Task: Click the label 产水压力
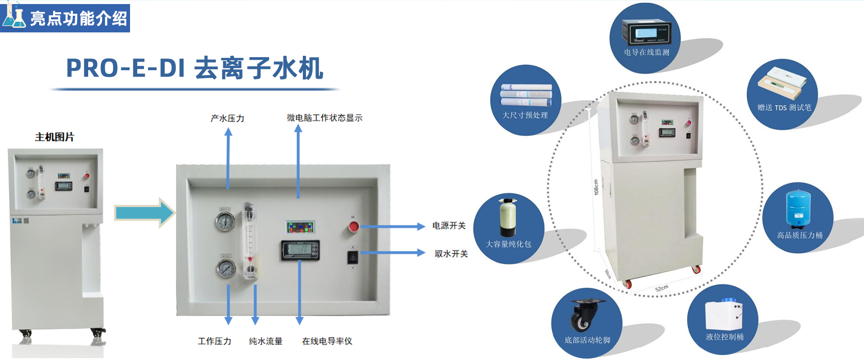tap(227, 118)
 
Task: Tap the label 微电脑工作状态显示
tap(324, 118)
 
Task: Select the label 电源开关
tap(449, 226)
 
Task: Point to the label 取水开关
tap(451, 254)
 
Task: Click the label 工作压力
tap(215, 341)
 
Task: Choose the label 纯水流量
tap(265, 341)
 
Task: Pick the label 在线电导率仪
tap(327, 341)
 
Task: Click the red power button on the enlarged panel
tap(354, 226)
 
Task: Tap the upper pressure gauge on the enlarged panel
tap(225, 222)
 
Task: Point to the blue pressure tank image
tap(798, 208)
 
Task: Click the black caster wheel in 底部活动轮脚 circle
tap(585, 315)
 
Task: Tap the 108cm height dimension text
tap(596, 187)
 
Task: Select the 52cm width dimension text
tap(661, 288)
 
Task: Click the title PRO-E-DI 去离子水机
tap(194, 68)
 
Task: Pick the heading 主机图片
tap(54, 137)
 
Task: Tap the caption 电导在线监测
tap(646, 53)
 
